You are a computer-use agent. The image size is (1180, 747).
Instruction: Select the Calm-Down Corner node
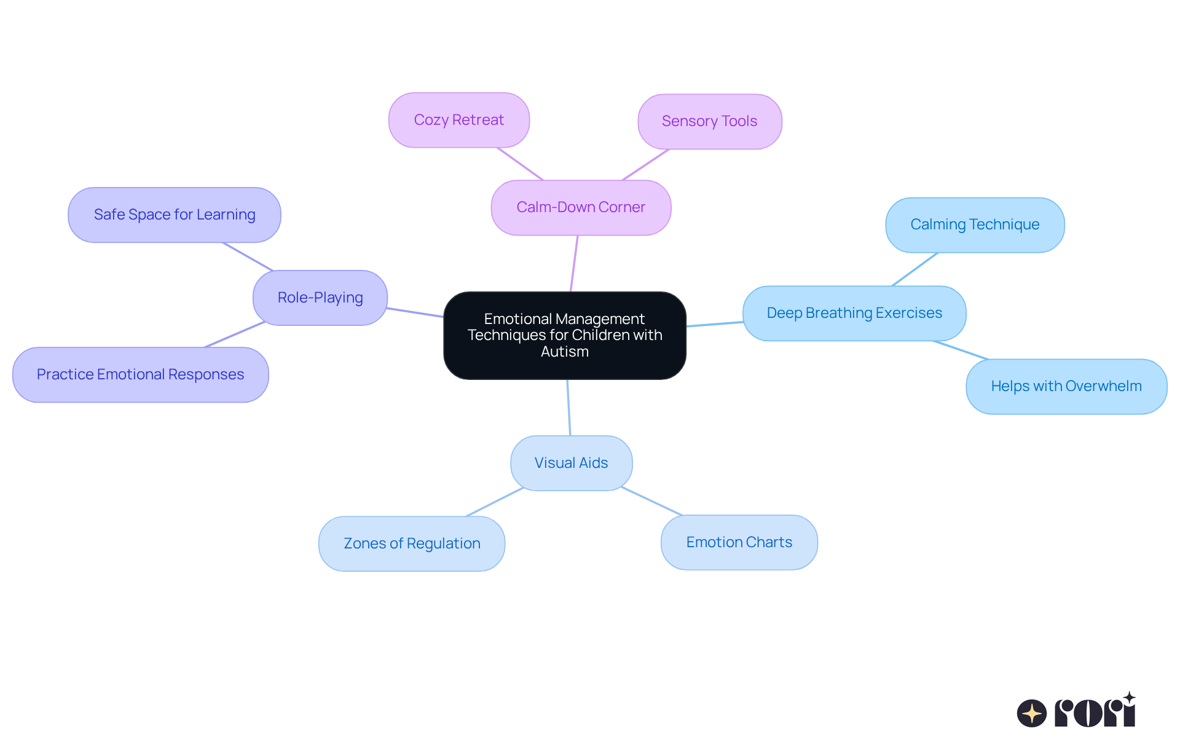(x=581, y=207)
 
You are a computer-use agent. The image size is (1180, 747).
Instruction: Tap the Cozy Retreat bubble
(x=458, y=120)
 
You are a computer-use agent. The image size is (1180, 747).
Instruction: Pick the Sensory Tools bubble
(x=709, y=121)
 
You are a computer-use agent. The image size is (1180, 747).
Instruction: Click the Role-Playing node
(x=320, y=298)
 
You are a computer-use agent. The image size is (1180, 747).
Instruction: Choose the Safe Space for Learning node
(x=174, y=215)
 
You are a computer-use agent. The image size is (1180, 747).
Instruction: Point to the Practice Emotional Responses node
(x=140, y=374)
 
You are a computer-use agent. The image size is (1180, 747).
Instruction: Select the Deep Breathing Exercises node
(x=854, y=313)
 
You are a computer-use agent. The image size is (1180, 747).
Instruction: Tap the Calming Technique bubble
(x=975, y=224)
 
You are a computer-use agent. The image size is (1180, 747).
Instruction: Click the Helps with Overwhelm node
(x=1066, y=386)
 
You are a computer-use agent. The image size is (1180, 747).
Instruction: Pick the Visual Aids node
(x=571, y=463)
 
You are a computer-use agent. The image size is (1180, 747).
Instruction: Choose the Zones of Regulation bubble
(x=411, y=543)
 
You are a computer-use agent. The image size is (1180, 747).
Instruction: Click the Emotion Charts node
(x=739, y=542)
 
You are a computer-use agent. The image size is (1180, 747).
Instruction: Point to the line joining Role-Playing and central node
(x=415, y=312)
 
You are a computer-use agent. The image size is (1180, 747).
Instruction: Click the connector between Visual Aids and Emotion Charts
(x=651, y=501)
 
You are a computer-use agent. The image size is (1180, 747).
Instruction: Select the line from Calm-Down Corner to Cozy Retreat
(x=520, y=164)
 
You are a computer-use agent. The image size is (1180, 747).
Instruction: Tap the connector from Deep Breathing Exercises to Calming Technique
(x=914, y=269)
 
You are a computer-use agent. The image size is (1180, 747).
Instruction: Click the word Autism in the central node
(x=564, y=352)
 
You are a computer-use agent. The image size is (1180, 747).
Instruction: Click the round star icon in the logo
(x=1031, y=713)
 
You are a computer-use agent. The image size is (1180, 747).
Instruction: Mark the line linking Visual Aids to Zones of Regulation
(x=495, y=502)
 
